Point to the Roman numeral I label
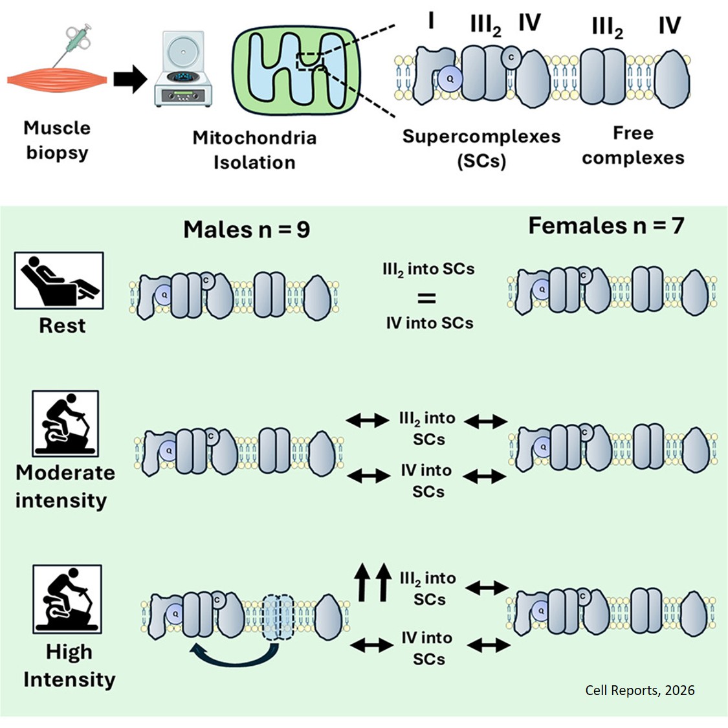click(x=430, y=21)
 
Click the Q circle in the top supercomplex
click(x=450, y=78)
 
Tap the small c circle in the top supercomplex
click(x=511, y=57)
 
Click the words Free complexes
click(x=632, y=146)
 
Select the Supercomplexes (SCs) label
click(x=481, y=148)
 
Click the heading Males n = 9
click(x=247, y=229)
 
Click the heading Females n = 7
click(x=606, y=225)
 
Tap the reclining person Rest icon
click(x=58, y=280)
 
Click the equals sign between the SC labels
click(x=426, y=298)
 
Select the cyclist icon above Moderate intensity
click(x=65, y=424)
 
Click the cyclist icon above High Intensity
click(x=67, y=599)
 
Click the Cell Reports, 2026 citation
click(x=639, y=690)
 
